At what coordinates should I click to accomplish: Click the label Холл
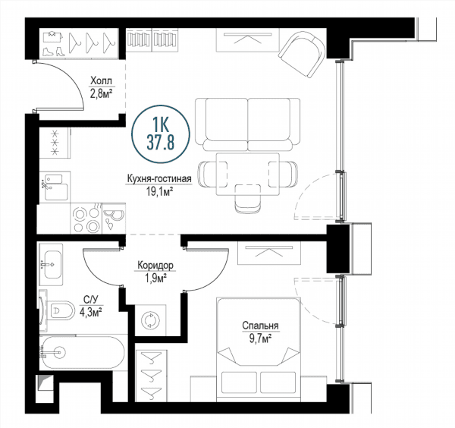101,80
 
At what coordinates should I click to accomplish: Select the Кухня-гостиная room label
159,179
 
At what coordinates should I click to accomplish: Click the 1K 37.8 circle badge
161,134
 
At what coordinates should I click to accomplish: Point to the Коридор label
155,265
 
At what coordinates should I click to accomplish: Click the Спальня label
260,326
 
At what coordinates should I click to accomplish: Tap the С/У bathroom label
90,299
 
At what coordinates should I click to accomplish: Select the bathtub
83,353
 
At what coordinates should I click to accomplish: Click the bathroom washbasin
52,265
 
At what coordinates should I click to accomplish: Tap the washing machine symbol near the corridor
150,320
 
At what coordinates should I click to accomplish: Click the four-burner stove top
86,218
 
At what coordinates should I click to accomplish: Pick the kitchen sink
55,186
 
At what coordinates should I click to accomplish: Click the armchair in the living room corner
302,54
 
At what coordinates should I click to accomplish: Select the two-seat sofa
247,124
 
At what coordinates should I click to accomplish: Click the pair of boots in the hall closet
53,51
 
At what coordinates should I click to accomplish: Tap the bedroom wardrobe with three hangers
151,376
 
